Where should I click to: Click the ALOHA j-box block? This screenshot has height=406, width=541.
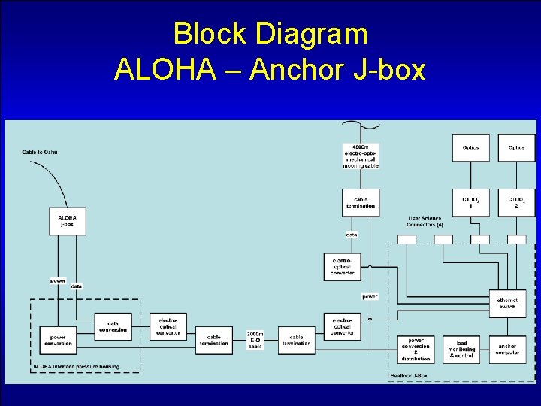68,222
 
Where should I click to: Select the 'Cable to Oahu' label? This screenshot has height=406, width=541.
39,152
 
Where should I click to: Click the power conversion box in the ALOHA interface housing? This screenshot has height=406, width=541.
58,340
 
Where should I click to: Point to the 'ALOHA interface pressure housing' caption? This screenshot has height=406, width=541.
76,368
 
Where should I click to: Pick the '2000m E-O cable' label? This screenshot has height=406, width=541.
255,340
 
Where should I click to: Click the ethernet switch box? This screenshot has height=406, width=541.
507,304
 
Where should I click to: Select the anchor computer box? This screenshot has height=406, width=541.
507,349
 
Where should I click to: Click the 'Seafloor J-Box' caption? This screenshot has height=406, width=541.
409,375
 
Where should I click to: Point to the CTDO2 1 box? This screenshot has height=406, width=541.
470,202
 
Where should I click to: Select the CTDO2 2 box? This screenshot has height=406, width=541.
516,202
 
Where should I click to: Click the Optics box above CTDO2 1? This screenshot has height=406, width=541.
470,148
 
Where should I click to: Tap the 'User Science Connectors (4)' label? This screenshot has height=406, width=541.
425,222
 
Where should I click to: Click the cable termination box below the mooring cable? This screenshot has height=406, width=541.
361,202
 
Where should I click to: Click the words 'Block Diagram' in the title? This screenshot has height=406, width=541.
270,34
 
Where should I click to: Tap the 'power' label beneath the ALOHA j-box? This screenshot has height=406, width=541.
58,280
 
